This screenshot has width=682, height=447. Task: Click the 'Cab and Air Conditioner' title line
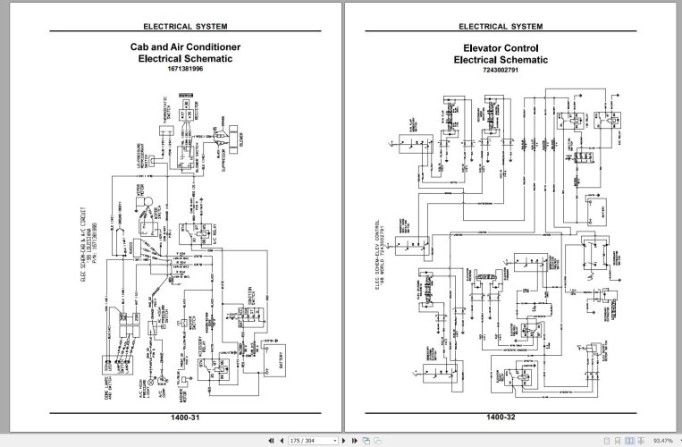pos(184,46)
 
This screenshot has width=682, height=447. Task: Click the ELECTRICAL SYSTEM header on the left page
pos(184,26)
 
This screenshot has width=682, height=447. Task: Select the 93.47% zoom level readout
pos(663,440)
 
